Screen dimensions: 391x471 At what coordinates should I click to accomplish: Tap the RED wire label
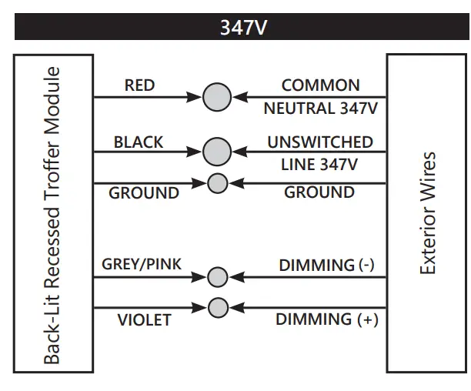[x=139, y=85]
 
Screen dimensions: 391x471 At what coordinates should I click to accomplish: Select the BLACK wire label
[x=139, y=142]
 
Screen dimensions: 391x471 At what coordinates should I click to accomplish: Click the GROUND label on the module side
[x=144, y=193]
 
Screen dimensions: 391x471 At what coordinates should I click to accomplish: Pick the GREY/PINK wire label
[x=142, y=265]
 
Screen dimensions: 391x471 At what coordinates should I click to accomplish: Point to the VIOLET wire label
[x=144, y=319]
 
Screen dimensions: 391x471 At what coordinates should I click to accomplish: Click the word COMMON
[x=320, y=85]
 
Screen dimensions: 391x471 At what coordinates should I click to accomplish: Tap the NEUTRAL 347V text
[x=320, y=109]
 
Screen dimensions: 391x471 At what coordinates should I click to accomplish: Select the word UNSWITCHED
[x=320, y=142]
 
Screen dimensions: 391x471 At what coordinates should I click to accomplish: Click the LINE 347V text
[x=321, y=165]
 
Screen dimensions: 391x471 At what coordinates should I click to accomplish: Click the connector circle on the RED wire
[x=217, y=97]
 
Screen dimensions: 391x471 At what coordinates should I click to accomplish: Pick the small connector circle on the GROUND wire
[x=218, y=183]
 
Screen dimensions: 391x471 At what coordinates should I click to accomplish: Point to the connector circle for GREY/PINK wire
[x=218, y=276]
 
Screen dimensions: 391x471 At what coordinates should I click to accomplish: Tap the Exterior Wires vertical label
[x=427, y=213]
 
